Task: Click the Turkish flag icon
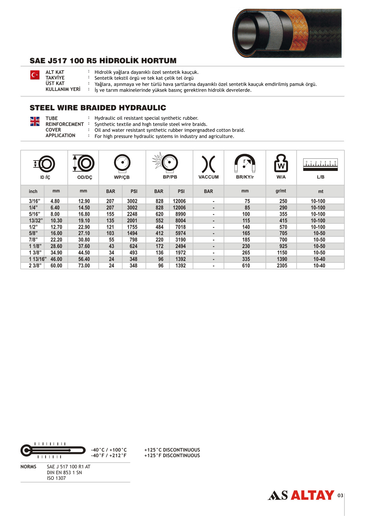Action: [x=35, y=75]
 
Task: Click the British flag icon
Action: [x=35, y=121]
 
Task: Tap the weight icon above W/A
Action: [x=281, y=163]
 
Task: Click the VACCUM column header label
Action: [x=208, y=177]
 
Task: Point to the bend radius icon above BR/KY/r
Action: [x=245, y=163]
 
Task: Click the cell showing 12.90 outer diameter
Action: [x=84, y=201]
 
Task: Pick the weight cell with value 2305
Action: [x=282, y=266]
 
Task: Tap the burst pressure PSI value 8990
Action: [x=180, y=214]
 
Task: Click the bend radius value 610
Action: [x=246, y=266]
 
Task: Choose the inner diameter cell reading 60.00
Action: [x=56, y=266]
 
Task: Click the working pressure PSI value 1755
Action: [x=132, y=227]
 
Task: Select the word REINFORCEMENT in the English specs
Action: [x=65, y=124]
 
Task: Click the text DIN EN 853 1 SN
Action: [x=64, y=472]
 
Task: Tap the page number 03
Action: [x=340, y=495]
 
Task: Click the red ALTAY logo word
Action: [x=312, y=495]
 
